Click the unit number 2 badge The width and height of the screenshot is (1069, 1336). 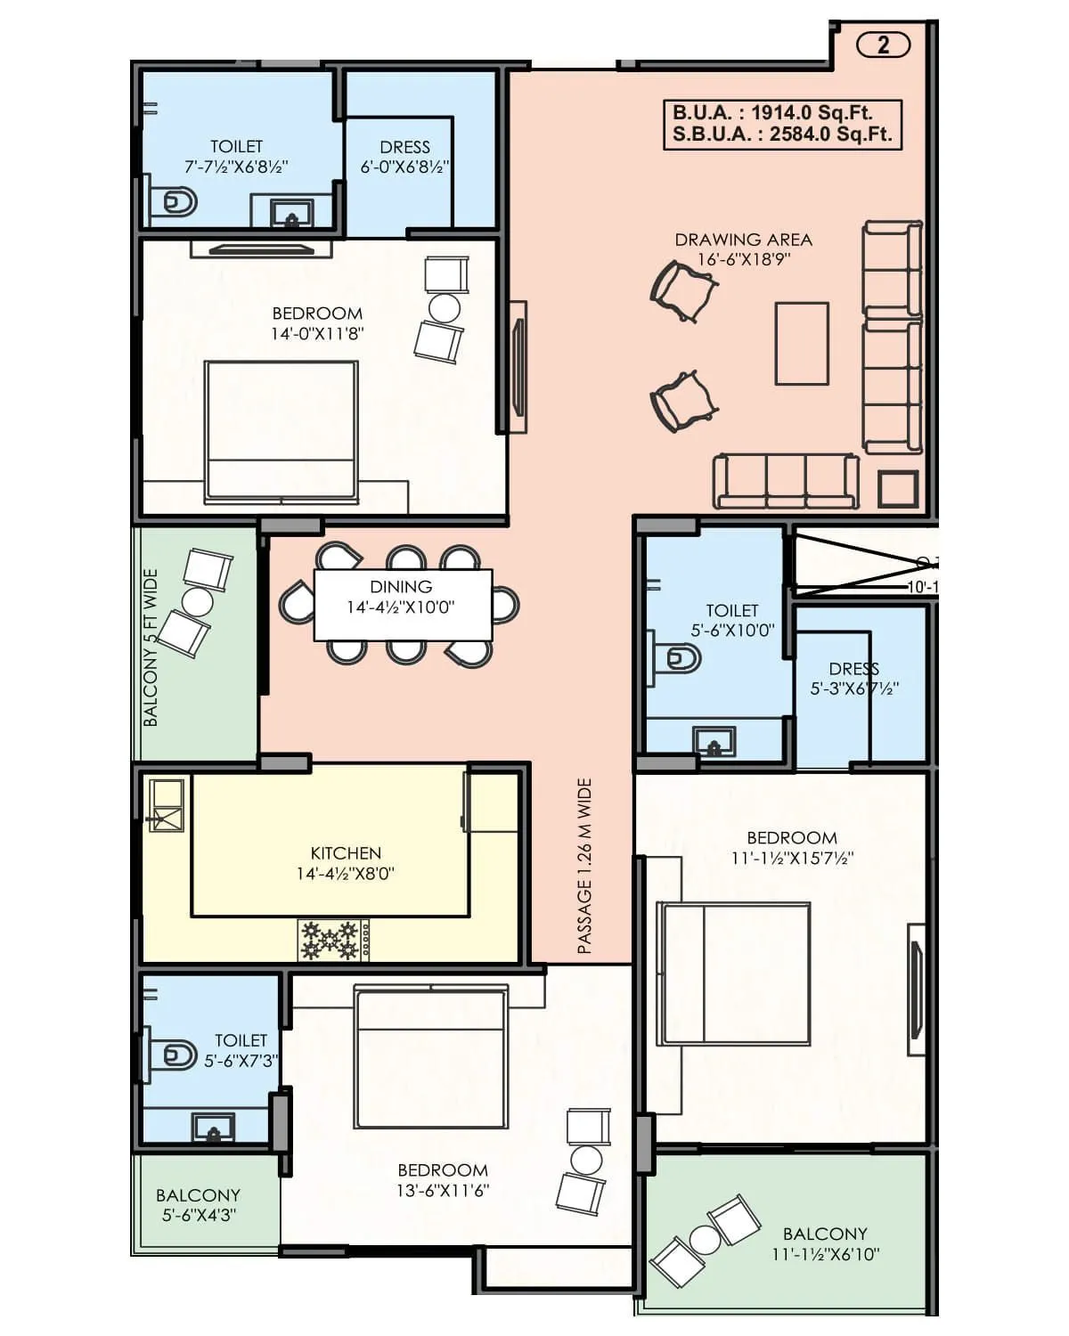pos(883,45)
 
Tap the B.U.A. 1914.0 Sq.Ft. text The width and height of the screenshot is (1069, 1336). pos(771,113)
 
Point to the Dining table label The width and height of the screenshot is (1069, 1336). pos(402,597)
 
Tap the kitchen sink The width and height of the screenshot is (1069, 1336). pos(167,806)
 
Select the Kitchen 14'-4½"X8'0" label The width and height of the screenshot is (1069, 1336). pos(346,863)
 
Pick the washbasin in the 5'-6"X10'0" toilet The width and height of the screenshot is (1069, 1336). pos(714,741)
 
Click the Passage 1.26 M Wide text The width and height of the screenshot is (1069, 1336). pos(584,867)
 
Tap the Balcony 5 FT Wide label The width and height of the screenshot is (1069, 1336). pos(151,648)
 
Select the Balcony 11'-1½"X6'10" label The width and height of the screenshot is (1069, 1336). pos(825,1244)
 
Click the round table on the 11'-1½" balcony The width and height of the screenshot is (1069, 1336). pos(705,1239)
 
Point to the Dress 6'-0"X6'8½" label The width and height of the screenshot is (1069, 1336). pos(404,157)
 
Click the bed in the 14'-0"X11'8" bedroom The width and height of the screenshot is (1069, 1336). pos(282,432)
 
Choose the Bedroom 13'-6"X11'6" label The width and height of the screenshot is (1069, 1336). pos(443,1180)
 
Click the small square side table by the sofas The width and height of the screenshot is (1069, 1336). pos(897,489)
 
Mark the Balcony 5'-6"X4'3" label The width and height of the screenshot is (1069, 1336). pos(198,1205)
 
